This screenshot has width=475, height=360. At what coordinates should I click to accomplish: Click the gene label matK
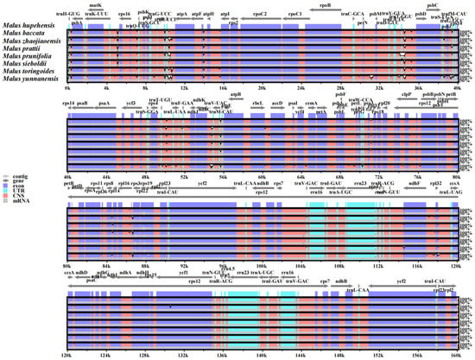(95, 5)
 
